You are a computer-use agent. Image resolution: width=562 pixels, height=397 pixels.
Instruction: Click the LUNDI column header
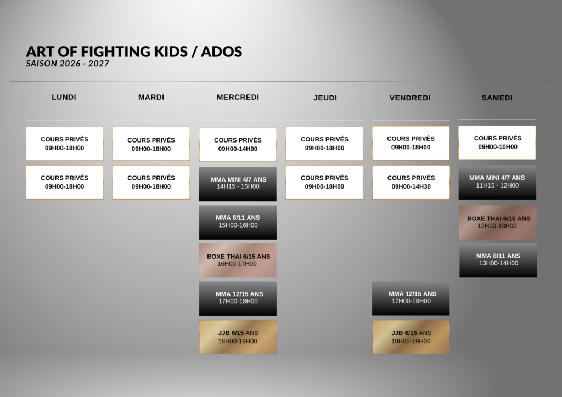pyautogui.click(x=64, y=97)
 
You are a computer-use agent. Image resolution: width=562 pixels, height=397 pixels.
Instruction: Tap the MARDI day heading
pyautogui.click(x=151, y=97)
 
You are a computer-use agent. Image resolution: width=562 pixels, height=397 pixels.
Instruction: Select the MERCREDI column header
pyautogui.click(x=238, y=97)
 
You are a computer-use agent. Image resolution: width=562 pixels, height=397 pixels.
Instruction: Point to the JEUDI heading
pyautogui.click(x=325, y=98)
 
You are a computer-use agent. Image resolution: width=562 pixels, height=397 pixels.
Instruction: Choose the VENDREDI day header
pyautogui.click(x=410, y=98)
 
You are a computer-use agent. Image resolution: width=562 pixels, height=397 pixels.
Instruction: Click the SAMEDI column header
pyautogui.click(x=497, y=98)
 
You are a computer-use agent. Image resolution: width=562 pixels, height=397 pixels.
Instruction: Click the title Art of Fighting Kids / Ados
pyautogui.click(x=134, y=52)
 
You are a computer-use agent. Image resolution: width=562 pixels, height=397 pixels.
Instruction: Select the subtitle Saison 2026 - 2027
pyautogui.click(x=68, y=64)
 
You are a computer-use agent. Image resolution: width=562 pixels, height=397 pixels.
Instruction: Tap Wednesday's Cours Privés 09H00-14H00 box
pyautogui.click(x=238, y=145)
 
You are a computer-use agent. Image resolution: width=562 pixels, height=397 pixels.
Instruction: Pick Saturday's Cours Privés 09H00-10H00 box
pyautogui.click(x=497, y=143)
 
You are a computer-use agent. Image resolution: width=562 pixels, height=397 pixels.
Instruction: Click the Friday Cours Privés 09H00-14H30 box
pyautogui.click(x=411, y=182)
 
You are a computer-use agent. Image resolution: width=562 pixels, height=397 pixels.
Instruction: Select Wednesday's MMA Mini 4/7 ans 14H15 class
pyautogui.click(x=238, y=184)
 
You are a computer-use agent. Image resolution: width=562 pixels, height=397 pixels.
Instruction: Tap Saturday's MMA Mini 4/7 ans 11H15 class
pyautogui.click(x=497, y=183)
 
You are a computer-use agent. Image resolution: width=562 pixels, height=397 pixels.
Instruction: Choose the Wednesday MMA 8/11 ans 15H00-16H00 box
pyautogui.click(x=238, y=222)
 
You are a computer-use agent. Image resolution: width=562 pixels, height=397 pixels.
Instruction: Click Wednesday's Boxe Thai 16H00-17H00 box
pyautogui.click(x=238, y=260)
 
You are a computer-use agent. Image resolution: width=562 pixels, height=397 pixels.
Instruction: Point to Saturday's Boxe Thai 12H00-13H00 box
pyautogui.click(x=498, y=222)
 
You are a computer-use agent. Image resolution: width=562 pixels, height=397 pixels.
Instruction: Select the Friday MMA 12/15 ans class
pyautogui.click(x=411, y=298)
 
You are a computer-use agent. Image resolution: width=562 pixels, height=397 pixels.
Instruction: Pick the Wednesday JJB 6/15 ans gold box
pyautogui.click(x=238, y=337)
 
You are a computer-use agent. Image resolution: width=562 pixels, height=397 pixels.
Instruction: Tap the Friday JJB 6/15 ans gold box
pyautogui.click(x=411, y=337)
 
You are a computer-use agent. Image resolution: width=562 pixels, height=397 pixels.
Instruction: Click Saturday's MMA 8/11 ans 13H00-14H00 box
pyautogui.click(x=498, y=260)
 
